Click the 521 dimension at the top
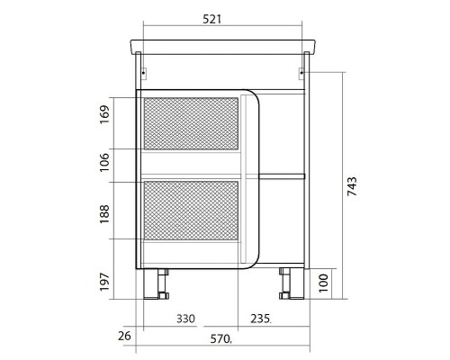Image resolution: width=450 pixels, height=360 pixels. coord(212,19)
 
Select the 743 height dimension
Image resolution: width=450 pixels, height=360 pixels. coord(352,186)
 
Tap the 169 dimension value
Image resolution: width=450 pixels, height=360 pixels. coord(104,114)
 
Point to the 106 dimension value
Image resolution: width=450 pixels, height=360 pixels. coord(104,162)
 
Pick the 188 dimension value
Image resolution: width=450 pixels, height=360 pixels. coord(104,214)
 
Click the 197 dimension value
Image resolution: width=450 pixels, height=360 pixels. coord(104,282)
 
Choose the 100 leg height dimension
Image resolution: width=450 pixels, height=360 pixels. coord(323,283)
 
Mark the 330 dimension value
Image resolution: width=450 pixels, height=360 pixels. coord(185,319)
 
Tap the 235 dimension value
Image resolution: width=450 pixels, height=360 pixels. coord(260,319)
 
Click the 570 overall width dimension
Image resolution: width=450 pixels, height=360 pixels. coord(220,339)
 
